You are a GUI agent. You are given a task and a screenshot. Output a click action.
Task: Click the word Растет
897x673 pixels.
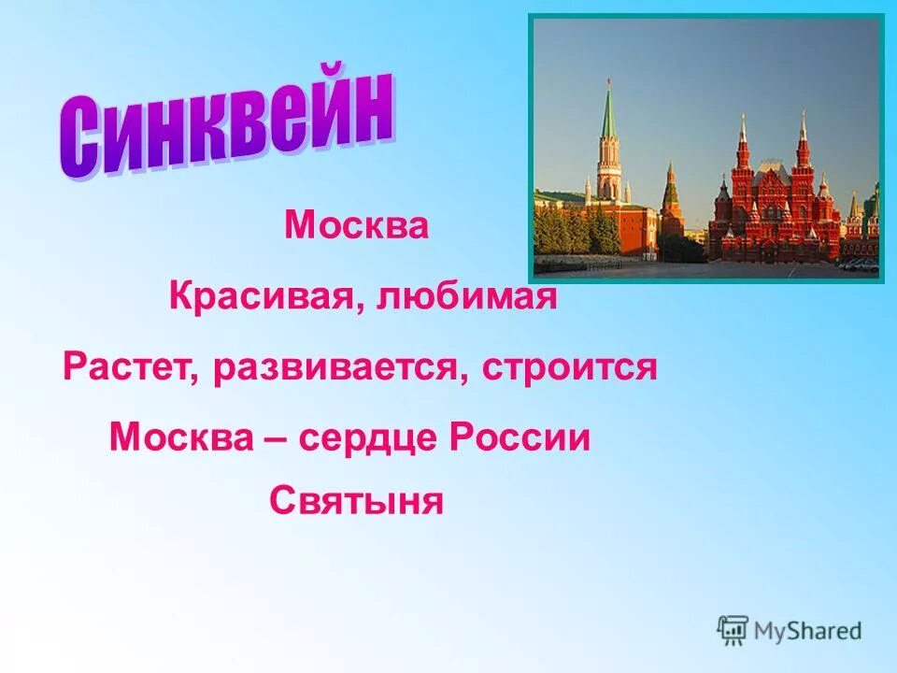(x=129, y=367)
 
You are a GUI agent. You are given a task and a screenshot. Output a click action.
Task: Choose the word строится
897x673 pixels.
(x=570, y=367)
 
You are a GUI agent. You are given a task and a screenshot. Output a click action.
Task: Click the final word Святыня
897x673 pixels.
(x=356, y=502)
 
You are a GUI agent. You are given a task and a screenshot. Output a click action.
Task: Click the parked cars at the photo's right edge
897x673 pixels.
(x=859, y=264)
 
